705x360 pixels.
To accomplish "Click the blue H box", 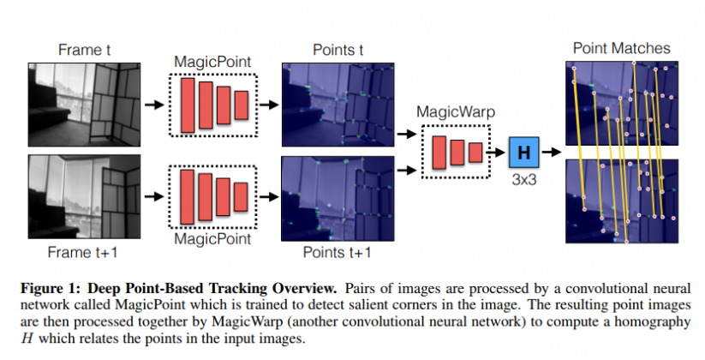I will click(524, 153).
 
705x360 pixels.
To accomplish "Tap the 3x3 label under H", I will click(524, 181).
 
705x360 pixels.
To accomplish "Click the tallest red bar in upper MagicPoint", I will click(188, 104).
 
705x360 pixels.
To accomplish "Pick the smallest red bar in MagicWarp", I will click(475, 153).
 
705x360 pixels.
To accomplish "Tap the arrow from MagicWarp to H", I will click(498, 153).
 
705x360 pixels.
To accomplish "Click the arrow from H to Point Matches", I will click(553, 153).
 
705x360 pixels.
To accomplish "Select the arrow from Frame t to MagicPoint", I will click(154, 104).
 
